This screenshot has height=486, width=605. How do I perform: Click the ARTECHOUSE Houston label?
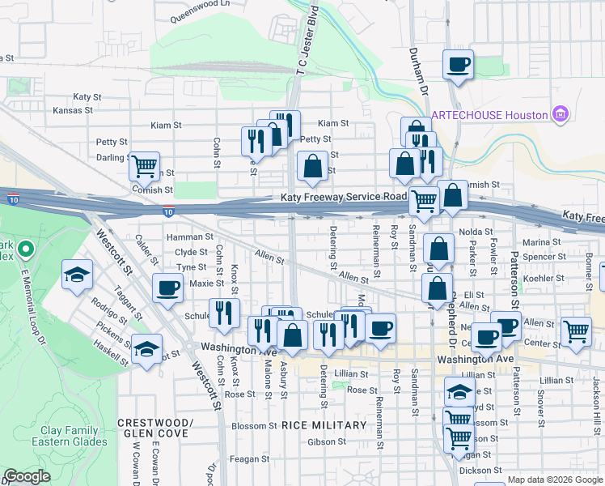pos(489,114)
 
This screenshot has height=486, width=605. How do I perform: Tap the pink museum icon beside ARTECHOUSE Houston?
pos(558,114)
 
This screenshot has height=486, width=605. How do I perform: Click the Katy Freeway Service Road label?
pos(344,198)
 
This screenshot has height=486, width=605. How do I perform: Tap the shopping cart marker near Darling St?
pos(144,167)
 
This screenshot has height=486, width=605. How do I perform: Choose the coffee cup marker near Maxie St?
pos(168,288)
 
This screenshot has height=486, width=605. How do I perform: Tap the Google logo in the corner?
pos(27,476)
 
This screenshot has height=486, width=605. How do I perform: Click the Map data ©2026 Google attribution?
pos(555,480)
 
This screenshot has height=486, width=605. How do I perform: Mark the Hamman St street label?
pos(188,237)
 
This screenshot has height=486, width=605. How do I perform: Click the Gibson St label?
pos(327,442)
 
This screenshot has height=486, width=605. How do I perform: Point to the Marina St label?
pos(542,242)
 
